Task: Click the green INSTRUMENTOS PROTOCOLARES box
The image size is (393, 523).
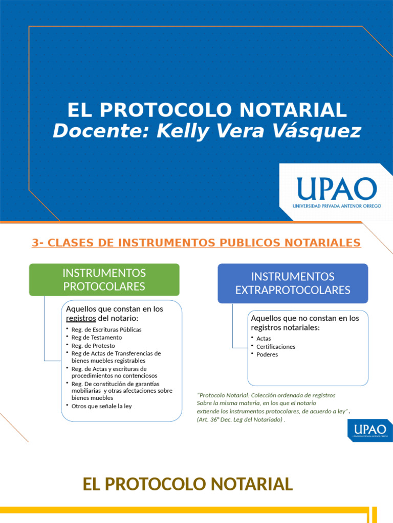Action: pos(104,279)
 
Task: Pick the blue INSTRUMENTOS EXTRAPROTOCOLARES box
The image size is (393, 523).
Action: pos(293,283)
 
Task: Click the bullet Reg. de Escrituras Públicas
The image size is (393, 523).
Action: pos(106,329)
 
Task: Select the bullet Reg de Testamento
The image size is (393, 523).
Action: pos(97,338)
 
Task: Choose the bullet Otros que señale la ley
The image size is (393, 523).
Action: pos(102,406)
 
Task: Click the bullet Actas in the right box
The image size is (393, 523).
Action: pos(264,338)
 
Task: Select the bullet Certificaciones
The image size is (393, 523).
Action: pos(276,346)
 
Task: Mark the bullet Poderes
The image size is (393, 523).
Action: pos(267,354)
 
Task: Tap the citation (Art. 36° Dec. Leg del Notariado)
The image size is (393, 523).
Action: pos(240,419)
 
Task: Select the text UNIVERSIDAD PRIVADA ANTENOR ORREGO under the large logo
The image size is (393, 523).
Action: pos(337,206)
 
